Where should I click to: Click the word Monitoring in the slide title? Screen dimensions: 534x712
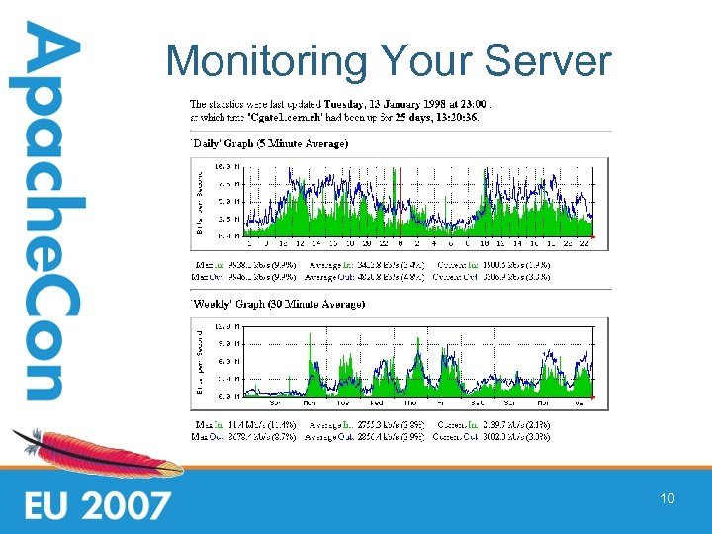[258, 61]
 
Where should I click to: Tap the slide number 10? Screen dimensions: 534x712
[667, 499]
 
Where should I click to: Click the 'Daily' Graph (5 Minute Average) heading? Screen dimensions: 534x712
[269, 144]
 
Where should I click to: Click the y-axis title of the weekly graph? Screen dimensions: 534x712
[199, 362]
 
